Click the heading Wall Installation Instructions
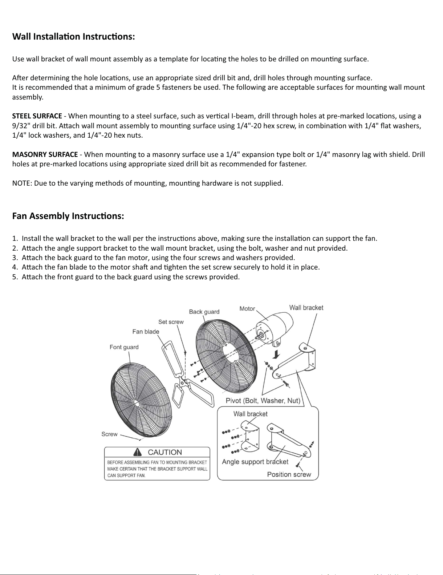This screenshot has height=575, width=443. (74, 37)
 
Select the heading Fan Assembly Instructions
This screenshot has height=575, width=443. (68, 216)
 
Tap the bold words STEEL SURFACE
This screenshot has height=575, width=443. (37, 116)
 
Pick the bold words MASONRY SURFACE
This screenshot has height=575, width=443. (45, 155)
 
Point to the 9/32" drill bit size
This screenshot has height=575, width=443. (20, 126)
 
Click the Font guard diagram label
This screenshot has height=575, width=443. (124, 347)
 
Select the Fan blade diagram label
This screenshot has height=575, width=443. (146, 332)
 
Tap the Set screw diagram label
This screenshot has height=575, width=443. (171, 322)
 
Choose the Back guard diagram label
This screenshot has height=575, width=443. (204, 312)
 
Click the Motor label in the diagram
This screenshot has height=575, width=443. (247, 309)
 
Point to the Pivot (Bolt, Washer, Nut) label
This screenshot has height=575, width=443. (263, 401)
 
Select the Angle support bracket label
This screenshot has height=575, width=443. (255, 462)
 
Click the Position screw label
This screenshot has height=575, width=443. (289, 474)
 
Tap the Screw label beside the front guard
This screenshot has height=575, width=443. (109, 434)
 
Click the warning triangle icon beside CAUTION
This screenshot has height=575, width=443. (138, 452)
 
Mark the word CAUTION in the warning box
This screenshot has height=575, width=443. (165, 452)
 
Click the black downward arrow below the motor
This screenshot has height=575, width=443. (277, 354)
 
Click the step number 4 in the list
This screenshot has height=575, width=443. (15, 267)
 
